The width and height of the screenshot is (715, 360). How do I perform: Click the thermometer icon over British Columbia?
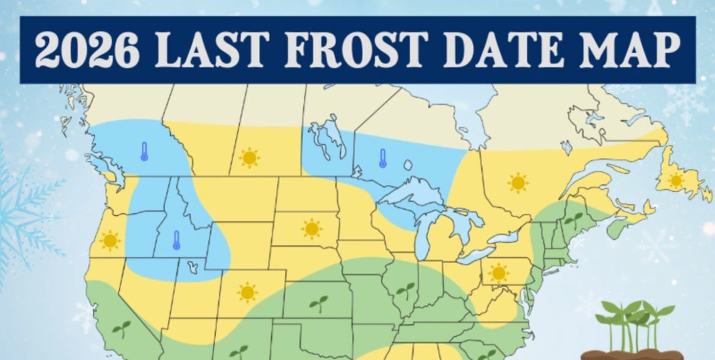(x=144, y=151)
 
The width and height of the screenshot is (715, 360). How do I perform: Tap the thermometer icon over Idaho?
(x=176, y=240)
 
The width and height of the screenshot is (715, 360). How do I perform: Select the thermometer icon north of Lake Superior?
(x=383, y=158)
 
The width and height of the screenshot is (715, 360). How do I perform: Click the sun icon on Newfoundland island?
(x=676, y=180)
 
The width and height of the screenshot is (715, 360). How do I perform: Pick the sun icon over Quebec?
(x=518, y=182)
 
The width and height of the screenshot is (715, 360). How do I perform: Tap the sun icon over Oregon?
(x=110, y=240)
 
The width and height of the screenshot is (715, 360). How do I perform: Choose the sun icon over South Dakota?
(x=312, y=229)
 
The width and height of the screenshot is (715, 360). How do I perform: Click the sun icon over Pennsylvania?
(x=499, y=272)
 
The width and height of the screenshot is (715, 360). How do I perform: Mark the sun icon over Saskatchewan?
(x=249, y=158)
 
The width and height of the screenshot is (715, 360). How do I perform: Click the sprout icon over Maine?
(x=573, y=219)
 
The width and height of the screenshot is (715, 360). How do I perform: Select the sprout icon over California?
(x=121, y=328)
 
